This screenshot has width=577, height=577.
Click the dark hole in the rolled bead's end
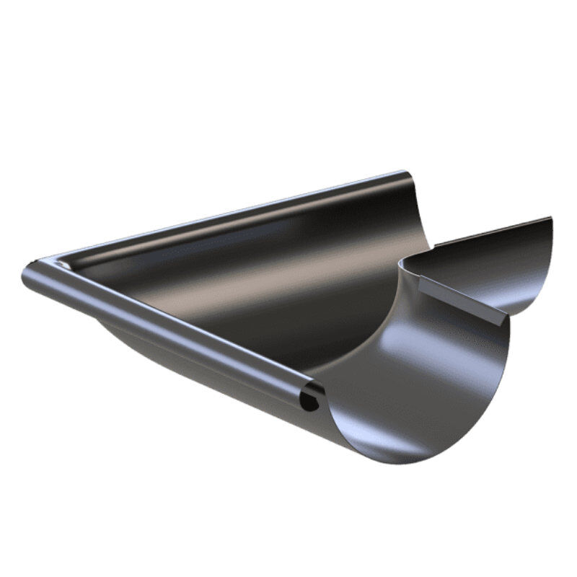pos(309,400)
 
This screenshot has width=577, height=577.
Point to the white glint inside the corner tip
pos(63,265)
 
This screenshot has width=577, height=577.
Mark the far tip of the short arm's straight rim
pos(550,218)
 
